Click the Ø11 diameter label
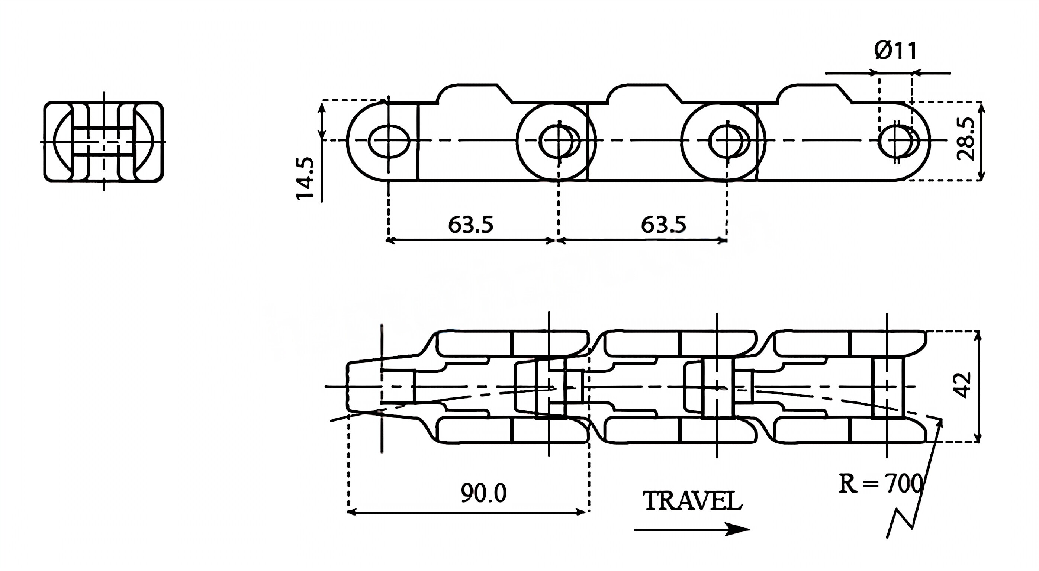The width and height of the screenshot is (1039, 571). pos(895,51)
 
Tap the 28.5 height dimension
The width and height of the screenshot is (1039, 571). pos(966,139)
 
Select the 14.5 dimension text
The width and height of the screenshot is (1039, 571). pos(305,178)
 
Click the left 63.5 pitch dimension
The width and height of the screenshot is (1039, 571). pos(470,225)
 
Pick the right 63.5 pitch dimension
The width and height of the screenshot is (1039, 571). pos(663,225)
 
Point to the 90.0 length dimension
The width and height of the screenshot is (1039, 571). pos(483,493)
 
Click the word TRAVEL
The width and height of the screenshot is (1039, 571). pos(692,501)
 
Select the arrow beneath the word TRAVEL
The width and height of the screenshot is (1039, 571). pos(691,529)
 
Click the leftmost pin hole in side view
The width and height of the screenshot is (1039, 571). pos(389,140)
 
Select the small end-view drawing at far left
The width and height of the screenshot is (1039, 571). pos(104,142)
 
